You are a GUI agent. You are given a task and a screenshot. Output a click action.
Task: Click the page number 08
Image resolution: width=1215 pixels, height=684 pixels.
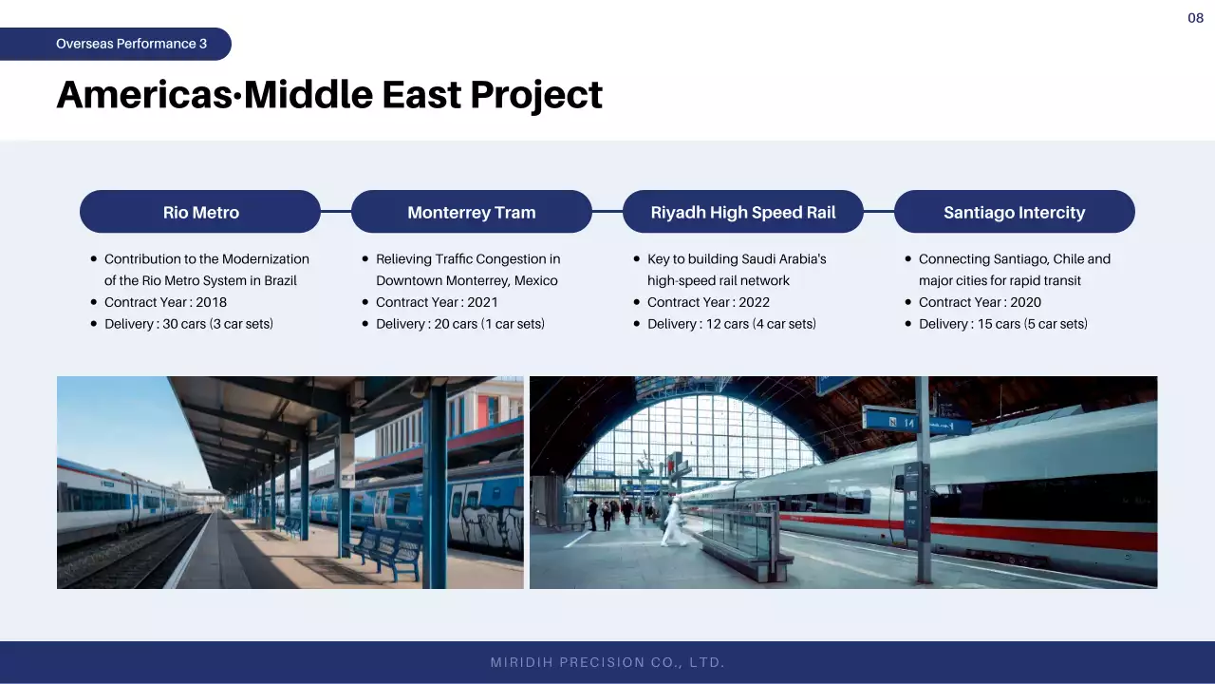(x=1195, y=18)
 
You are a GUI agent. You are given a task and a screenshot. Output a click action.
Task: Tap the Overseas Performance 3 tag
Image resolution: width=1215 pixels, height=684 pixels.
(x=116, y=44)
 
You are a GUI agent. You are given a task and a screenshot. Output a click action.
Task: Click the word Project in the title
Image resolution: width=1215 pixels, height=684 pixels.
(x=536, y=96)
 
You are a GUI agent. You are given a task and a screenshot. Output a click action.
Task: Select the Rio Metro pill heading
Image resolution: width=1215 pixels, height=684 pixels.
(x=200, y=212)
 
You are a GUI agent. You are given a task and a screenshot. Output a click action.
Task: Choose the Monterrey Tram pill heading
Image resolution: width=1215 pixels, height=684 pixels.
(x=472, y=212)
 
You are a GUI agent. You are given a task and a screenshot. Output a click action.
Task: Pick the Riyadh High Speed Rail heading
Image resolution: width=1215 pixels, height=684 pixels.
(x=743, y=212)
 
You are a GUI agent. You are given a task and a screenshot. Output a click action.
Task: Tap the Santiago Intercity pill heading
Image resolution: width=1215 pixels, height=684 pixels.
(x=1015, y=212)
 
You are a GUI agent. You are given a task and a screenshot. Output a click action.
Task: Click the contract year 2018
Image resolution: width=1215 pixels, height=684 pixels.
(x=211, y=302)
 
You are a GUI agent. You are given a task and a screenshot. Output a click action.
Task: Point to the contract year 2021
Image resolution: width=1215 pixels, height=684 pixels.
(x=482, y=302)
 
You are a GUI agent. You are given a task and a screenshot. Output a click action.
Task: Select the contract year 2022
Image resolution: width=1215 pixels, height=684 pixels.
(x=754, y=302)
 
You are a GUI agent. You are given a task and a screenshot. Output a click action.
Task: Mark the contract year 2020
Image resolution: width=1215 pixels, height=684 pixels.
(x=1026, y=302)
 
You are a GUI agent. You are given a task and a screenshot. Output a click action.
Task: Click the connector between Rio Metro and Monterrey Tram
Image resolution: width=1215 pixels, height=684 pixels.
(x=336, y=211)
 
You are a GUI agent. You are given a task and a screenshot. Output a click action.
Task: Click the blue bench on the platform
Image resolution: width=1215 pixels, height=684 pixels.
(x=386, y=549)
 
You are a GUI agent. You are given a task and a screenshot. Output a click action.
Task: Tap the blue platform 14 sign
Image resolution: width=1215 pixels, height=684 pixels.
(x=890, y=421)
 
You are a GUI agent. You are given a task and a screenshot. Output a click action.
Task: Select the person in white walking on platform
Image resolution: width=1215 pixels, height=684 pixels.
(x=673, y=522)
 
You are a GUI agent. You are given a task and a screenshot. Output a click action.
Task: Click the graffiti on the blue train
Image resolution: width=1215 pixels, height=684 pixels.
(x=487, y=525)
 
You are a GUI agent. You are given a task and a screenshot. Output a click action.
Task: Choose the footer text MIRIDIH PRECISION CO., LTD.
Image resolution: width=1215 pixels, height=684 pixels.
(x=607, y=662)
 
